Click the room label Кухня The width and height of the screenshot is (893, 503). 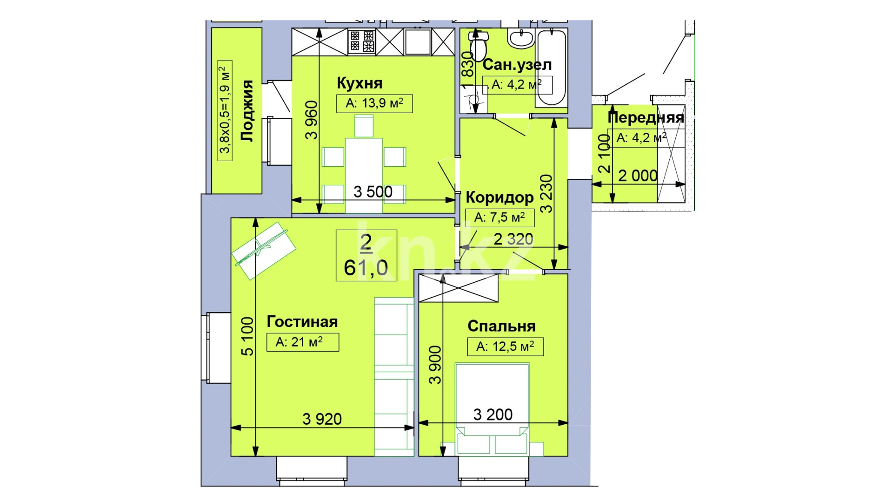click(x=360, y=83)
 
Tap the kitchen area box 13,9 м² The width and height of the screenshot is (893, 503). click(x=374, y=103)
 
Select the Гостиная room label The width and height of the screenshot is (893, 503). click(x=302, y=322)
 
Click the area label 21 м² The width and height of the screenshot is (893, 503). click(x=303, y=342)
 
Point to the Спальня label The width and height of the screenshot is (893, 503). click(x=501, y=326)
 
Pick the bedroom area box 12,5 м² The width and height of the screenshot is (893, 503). click(x=506, y=347)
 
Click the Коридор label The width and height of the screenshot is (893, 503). click(x=500, y=197)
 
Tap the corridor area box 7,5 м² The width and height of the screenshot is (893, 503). click(x=500, y=218)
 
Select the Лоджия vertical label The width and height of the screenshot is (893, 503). click(x=247, y=110)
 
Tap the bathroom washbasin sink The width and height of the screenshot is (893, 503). click(x=521, y=39)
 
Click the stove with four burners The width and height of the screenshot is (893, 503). click(x=362, y=41)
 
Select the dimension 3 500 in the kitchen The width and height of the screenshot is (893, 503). click(x=373, y=192)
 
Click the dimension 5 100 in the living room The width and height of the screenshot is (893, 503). click(x=247, y=336)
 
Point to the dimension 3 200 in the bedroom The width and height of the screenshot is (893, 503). click(x=493, y=415)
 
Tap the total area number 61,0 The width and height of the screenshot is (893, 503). click(x=366, y=268)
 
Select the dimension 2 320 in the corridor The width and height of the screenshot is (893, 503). click(x=513, y=239)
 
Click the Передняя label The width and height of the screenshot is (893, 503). click(x=646, y=118)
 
